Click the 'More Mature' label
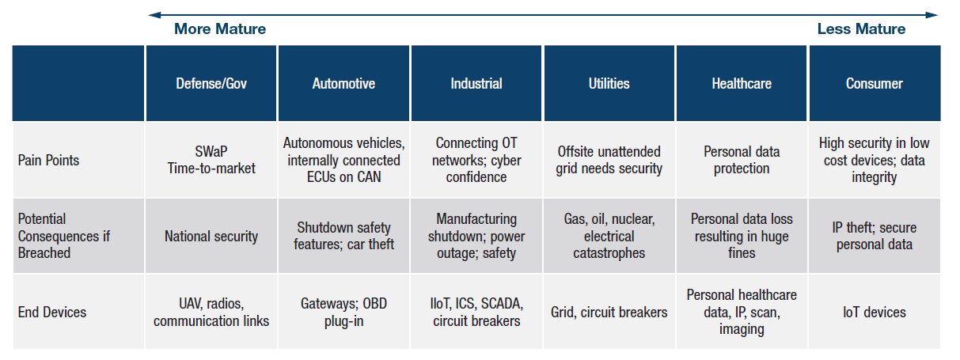[220, 28]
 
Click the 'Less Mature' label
[861, 28]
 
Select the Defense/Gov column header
[211, 83]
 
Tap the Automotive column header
[343, 83]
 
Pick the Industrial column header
[476, 83]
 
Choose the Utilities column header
[609, 83]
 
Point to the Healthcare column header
[742, 83]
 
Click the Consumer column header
[875, 83]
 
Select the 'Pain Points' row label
[48, 160]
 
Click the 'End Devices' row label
[52, 312]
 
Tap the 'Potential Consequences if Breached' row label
[64, 236]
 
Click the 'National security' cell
[211, 236]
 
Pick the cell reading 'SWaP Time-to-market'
[211, 160]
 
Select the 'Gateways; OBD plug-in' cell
[343, 312]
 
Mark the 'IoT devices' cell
[875, 312]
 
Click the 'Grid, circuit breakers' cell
[609, 312]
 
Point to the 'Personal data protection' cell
[742, 160]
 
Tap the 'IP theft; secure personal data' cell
[875, 236]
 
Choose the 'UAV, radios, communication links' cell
[211, 312]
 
